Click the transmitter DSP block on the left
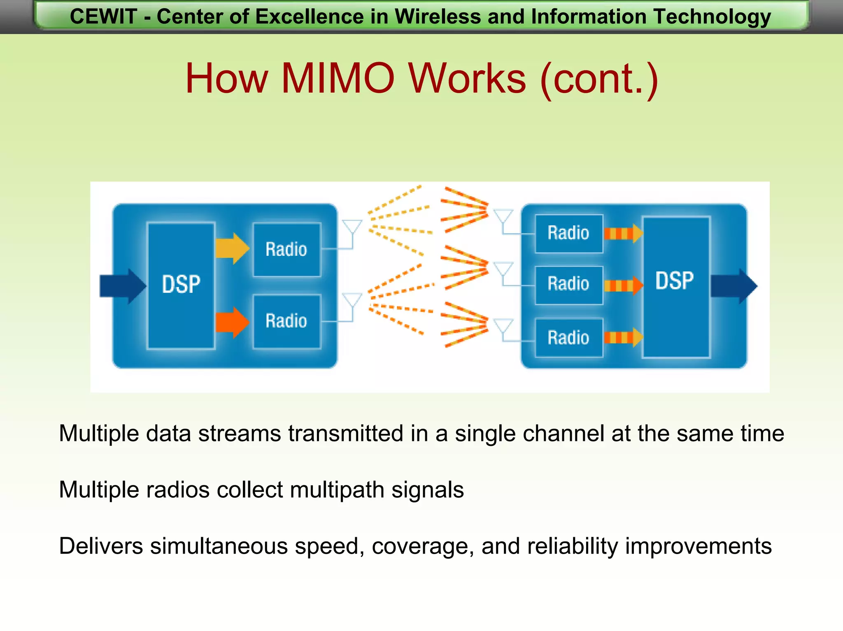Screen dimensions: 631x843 [181, 285]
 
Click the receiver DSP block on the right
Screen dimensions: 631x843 [675, 287]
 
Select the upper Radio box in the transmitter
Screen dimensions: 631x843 [287, 250]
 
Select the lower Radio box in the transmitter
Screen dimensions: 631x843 [287, 321]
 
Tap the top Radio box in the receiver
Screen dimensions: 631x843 [569, 233]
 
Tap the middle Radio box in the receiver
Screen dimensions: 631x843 [569, 285]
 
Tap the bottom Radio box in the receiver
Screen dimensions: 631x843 [569, 338]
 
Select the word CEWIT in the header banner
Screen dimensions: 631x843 [103, 17]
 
